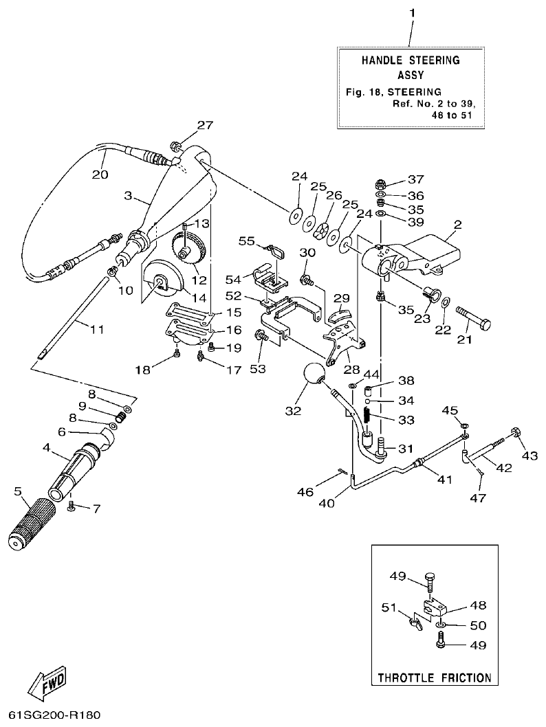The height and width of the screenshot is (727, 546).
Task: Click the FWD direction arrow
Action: [x=47, y=682]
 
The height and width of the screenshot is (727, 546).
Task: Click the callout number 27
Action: [x=186, y=125]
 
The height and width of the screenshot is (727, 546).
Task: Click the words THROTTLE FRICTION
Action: [x=435, y=678]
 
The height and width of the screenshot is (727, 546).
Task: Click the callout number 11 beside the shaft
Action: [x=96, y=330]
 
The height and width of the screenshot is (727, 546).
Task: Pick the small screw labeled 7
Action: [x=72, y=506]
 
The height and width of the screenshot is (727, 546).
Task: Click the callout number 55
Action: [x=247, y=241]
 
